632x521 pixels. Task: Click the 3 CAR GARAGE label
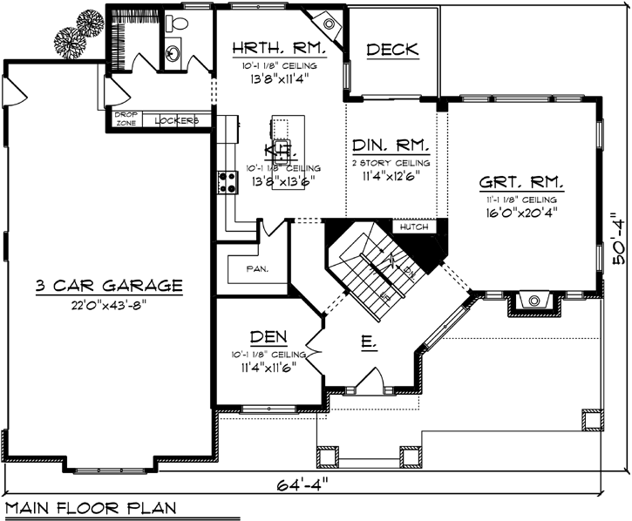(109, 285)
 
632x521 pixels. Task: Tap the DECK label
(392, 50)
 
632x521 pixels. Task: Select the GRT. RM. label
(521, 184)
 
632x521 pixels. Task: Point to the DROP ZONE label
(126, 118)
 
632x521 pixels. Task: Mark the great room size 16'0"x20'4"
(521, 210)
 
